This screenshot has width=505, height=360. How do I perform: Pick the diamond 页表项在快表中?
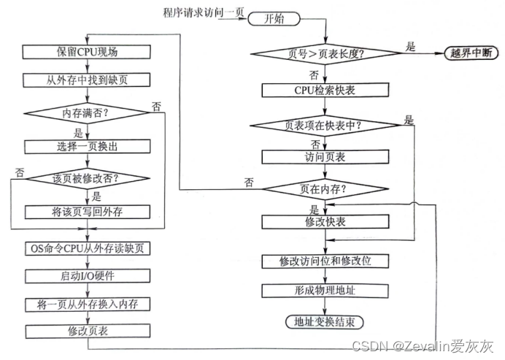coord(324,124)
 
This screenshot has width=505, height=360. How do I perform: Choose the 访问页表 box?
coord(324,156)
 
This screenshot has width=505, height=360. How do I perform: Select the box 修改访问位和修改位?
coord(324,261)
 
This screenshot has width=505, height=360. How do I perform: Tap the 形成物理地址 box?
coord(324,290)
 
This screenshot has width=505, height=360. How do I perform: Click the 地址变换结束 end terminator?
coord(324,321)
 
